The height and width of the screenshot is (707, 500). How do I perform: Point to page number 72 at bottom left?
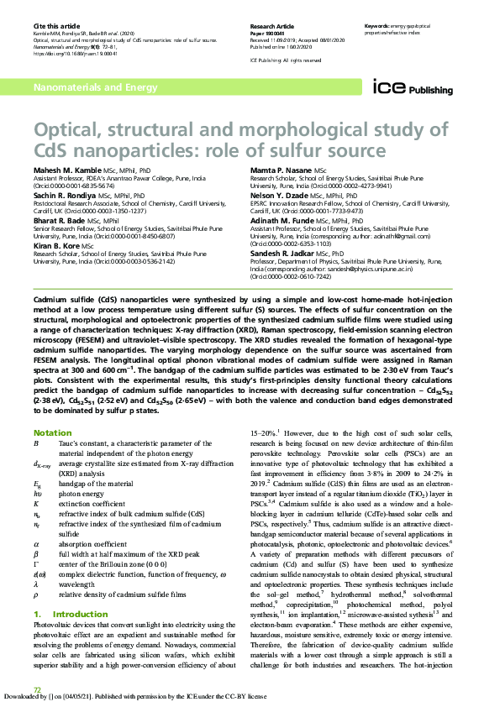37,690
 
